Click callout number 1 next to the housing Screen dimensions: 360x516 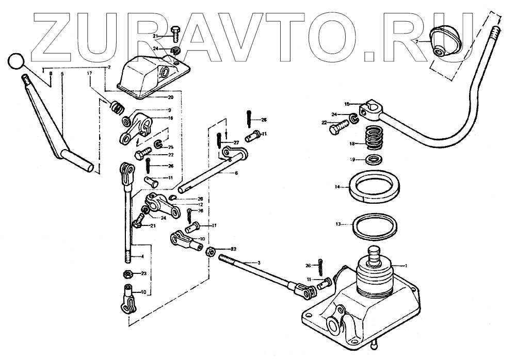click(x=407, y=265)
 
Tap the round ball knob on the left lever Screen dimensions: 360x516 click(x=16, y=61)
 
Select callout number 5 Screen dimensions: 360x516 click(x=62, y=74)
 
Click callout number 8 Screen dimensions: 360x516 click(x=51, y=74)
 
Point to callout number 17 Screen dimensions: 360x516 click(x=89, y=74)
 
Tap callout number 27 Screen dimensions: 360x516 click(x=236, y=142)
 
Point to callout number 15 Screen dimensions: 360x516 click(x=347, y=104)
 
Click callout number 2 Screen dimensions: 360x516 click(x=109, y=68)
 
